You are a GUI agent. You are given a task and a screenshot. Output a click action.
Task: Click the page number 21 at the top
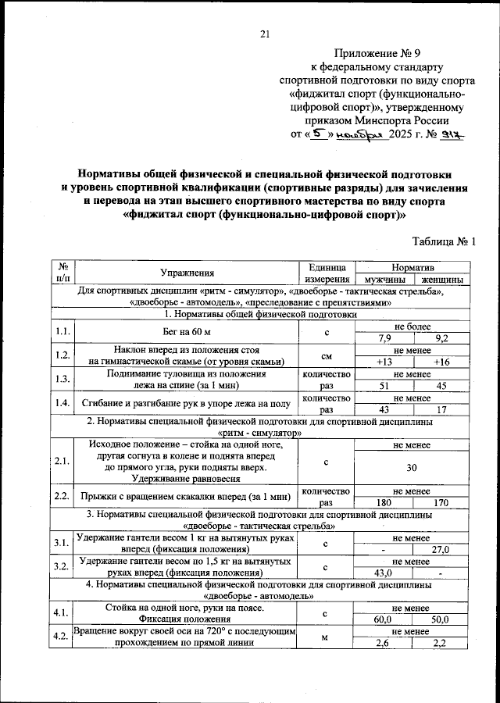pyautogui.click(x=264, y=34)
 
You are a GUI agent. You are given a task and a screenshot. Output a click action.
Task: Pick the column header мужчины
pyautogui.click(x=383, y=279)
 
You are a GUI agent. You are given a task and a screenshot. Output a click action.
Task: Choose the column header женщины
pyautogui.click(x=441, y=279)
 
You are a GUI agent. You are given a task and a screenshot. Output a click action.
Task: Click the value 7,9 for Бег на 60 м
pyautogui.click(x=383, y=338)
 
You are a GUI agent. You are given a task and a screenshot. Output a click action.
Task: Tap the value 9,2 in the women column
pyautogui.click(x=441, y=338)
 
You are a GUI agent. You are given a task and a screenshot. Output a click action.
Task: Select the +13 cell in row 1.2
pyautogui.click(x=383, y=362)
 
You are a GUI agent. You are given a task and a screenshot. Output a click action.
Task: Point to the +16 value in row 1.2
pyautogui.click(x=441, y=362)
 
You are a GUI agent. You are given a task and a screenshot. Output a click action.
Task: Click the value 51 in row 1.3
pyautogui.click(x=383, y=385)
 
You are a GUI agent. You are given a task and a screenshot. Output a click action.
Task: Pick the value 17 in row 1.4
pyautogui.click(x=441, y=409)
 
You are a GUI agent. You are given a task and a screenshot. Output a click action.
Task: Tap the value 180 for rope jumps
pyautogui.click(x=383, y=502)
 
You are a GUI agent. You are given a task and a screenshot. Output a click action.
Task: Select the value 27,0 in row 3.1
pyautogui.click(x=441, y=549)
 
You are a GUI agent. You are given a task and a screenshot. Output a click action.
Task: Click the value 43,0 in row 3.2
pyautogui.click(x=383, y=573)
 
